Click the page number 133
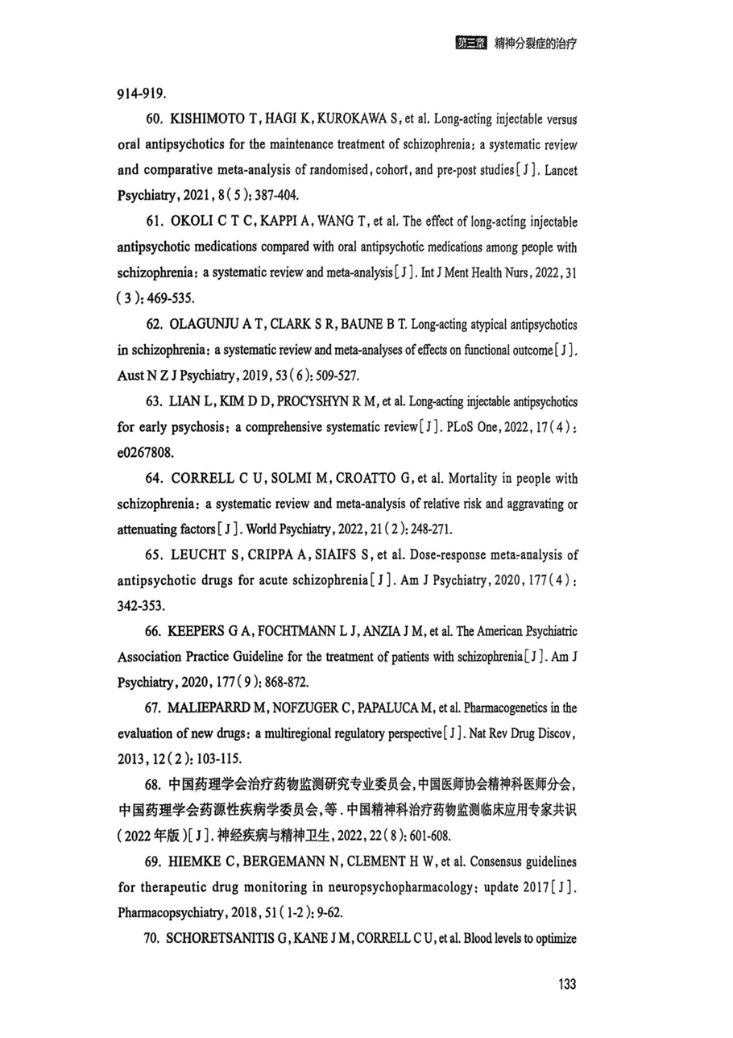566,984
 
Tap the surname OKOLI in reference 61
192,222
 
